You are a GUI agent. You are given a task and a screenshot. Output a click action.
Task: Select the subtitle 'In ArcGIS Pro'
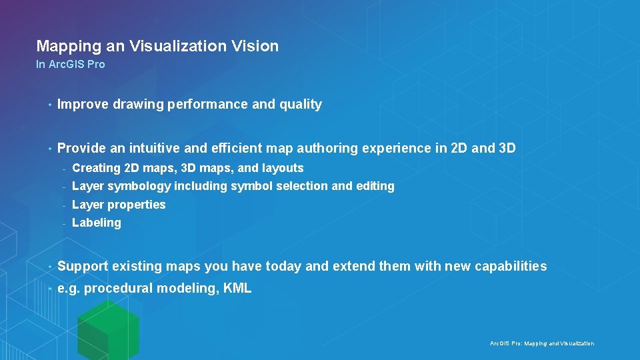70,65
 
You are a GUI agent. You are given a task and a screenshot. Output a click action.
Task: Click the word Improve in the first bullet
81,105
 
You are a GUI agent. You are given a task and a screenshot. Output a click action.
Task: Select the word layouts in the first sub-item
283,168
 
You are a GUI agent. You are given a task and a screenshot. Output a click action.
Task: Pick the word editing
375,186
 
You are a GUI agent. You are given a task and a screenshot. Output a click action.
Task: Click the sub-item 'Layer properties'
119,205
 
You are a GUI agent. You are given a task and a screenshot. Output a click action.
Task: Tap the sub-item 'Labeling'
97,223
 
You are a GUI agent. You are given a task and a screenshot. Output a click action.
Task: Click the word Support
83,267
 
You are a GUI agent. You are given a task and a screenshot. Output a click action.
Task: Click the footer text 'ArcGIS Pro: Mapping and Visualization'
541,343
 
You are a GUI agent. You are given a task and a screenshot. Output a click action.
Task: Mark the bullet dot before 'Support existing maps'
49,267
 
